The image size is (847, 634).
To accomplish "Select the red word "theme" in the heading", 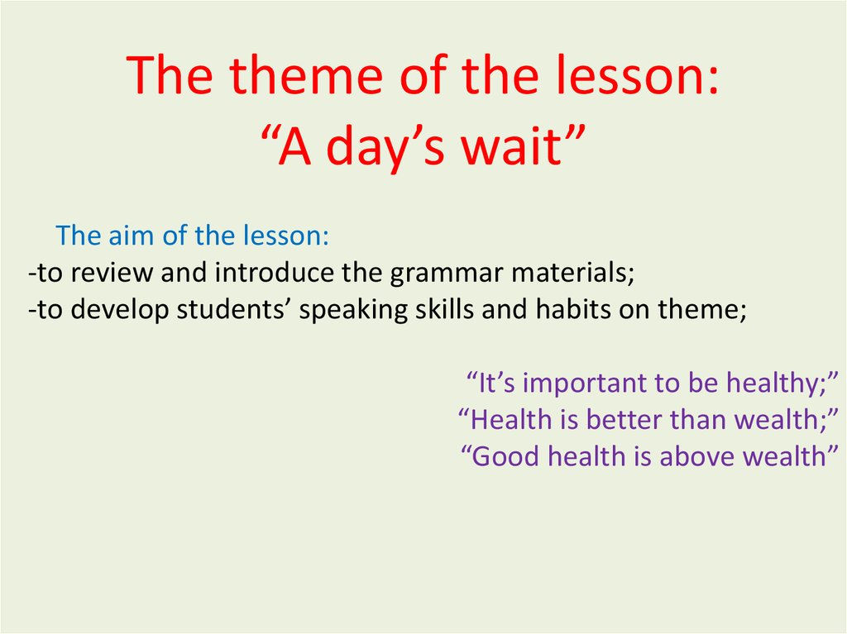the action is tap(306, 75).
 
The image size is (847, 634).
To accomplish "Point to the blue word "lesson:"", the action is tap(285, 236).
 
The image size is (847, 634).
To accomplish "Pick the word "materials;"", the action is tap(572, 272).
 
